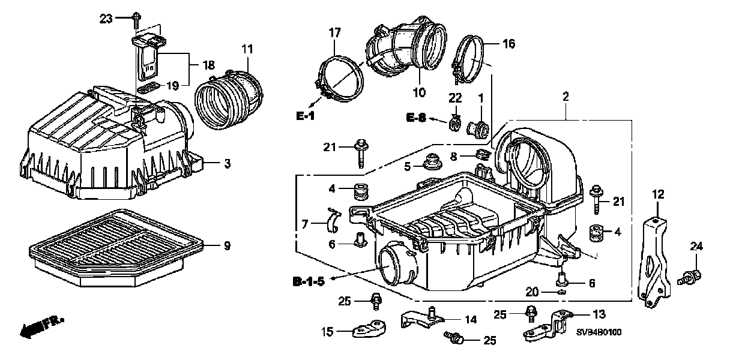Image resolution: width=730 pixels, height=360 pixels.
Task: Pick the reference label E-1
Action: [x=305, y=115]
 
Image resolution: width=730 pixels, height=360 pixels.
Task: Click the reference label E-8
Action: [x=414, y=119]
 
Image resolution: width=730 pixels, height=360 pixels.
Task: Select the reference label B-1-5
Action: [x=310, y=280]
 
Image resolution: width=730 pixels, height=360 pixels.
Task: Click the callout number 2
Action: [x=565, y=96]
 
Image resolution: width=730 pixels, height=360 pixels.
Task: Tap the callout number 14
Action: [x=471, y=320]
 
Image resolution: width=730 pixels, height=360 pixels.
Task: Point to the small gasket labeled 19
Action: [x=148, y=87]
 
